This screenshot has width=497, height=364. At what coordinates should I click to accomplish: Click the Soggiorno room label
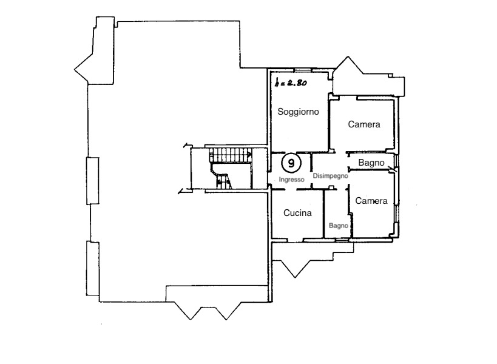(x=298, y=112)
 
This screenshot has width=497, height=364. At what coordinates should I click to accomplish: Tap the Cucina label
(x=297, y=213)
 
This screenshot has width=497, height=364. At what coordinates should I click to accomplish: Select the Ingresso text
(x=292, y=180)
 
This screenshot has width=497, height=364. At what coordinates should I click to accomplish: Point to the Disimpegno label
(x=331, y=176)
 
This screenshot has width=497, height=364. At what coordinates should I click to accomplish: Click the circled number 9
(x=291, y=163)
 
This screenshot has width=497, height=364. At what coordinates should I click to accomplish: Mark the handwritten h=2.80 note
(x=291, y=83)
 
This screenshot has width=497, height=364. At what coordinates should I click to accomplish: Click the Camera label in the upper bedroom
(x=364, y=124)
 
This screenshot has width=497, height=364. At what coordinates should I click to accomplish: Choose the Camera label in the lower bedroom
(x=371, y=201)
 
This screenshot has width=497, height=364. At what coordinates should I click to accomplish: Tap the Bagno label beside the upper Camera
(x=371, y=163)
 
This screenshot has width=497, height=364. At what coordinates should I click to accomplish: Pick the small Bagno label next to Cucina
(x=339, y=226)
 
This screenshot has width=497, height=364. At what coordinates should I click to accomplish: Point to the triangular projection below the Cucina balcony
(x=295, y=269)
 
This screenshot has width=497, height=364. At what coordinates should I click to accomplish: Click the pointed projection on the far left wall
(x=82, y=69)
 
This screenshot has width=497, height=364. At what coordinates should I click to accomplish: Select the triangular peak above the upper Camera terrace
(x=348, y=62)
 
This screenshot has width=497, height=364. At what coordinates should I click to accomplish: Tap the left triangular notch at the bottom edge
(x=190, y=311)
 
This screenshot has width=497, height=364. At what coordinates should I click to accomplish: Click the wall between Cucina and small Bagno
(x=324, y=214)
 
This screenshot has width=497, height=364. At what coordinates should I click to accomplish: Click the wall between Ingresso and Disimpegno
(x=311, y=171)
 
